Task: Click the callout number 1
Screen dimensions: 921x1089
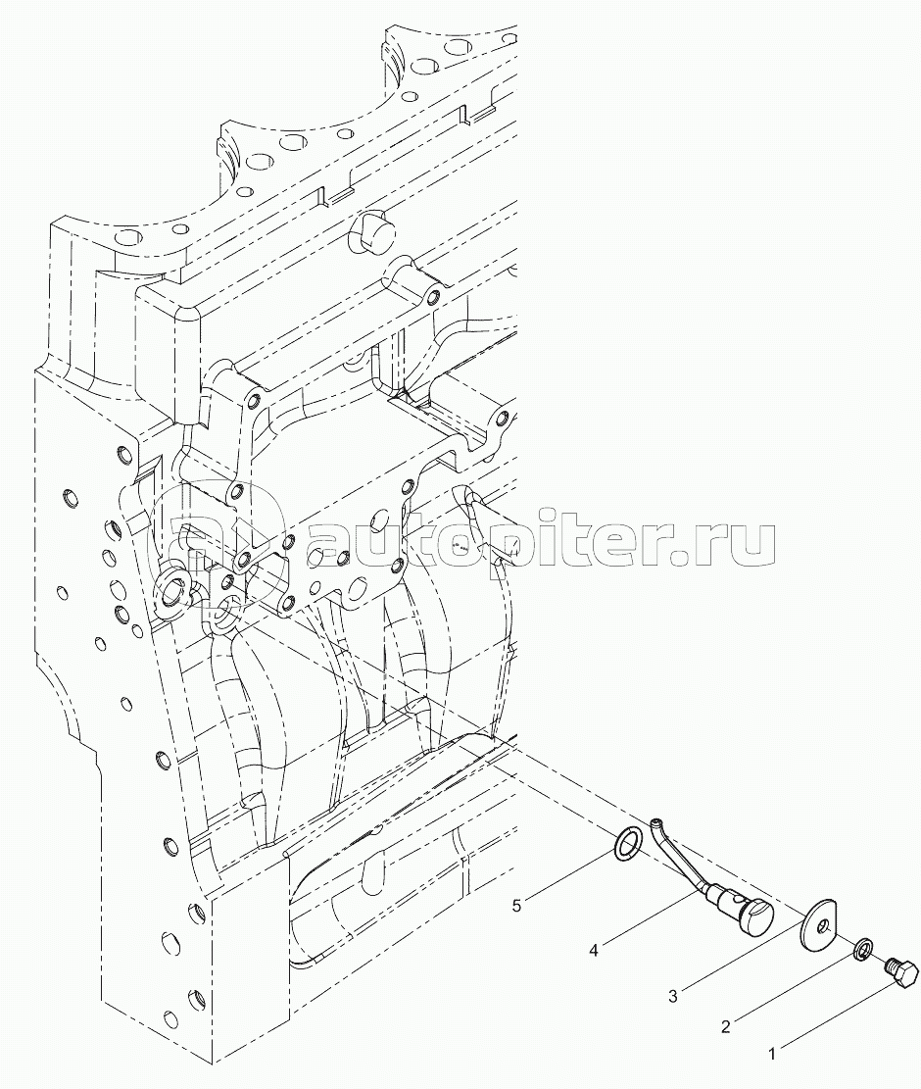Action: coord(773,1055)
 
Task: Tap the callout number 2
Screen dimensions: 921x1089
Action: coord(725,1027)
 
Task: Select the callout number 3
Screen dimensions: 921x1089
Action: coord(674,997)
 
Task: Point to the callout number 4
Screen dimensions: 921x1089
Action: coord(595,948)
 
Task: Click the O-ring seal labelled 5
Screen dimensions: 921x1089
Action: coord(627,843)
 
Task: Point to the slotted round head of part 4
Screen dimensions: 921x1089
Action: coord(755,915)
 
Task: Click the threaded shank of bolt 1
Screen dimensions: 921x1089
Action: coord(890,965)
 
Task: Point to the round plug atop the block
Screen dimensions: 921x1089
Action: coord(369,233)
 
